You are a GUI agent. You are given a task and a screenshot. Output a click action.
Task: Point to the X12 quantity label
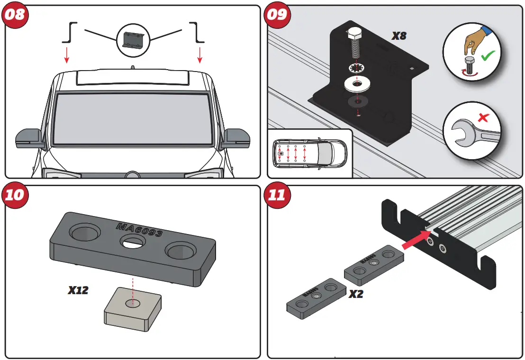pyautogui.click(x=78, y=290)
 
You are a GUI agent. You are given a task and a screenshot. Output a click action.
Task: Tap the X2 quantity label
pyautogui.click(x=356, y=294)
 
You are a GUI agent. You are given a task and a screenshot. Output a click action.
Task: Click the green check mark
pyautogui.click(x=487, y=56)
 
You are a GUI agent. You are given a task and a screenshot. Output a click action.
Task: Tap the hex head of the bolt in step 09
pyautogui.click(x=354, y=34)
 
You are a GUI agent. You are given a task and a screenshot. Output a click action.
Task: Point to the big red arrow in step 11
pyautogui.click(x=414, y=239)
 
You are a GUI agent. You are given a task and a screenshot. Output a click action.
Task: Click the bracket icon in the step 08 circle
pyautogui.click(x=132, y=39)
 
